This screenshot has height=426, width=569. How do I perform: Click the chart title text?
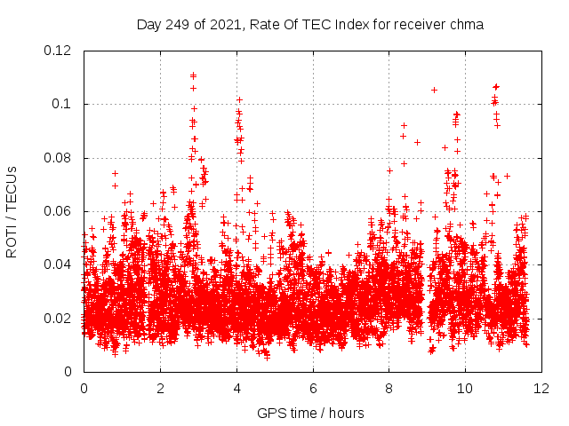point(309,25)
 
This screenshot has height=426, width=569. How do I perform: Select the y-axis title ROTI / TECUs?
point(12,211)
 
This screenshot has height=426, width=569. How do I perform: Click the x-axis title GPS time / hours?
point(309,413)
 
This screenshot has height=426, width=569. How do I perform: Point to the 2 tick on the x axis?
point(160,388)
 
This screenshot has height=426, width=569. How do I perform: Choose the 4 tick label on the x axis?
point(236,388)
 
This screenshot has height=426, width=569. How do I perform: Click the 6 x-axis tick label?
point(313,388)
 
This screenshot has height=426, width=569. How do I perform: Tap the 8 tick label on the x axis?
point(389,388)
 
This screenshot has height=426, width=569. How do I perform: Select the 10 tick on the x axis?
point(465,388)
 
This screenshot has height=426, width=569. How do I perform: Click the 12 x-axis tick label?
point(541,388)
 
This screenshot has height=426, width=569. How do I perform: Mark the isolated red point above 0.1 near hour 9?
point(434,90)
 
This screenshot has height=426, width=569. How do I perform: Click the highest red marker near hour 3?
point(193,75)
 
